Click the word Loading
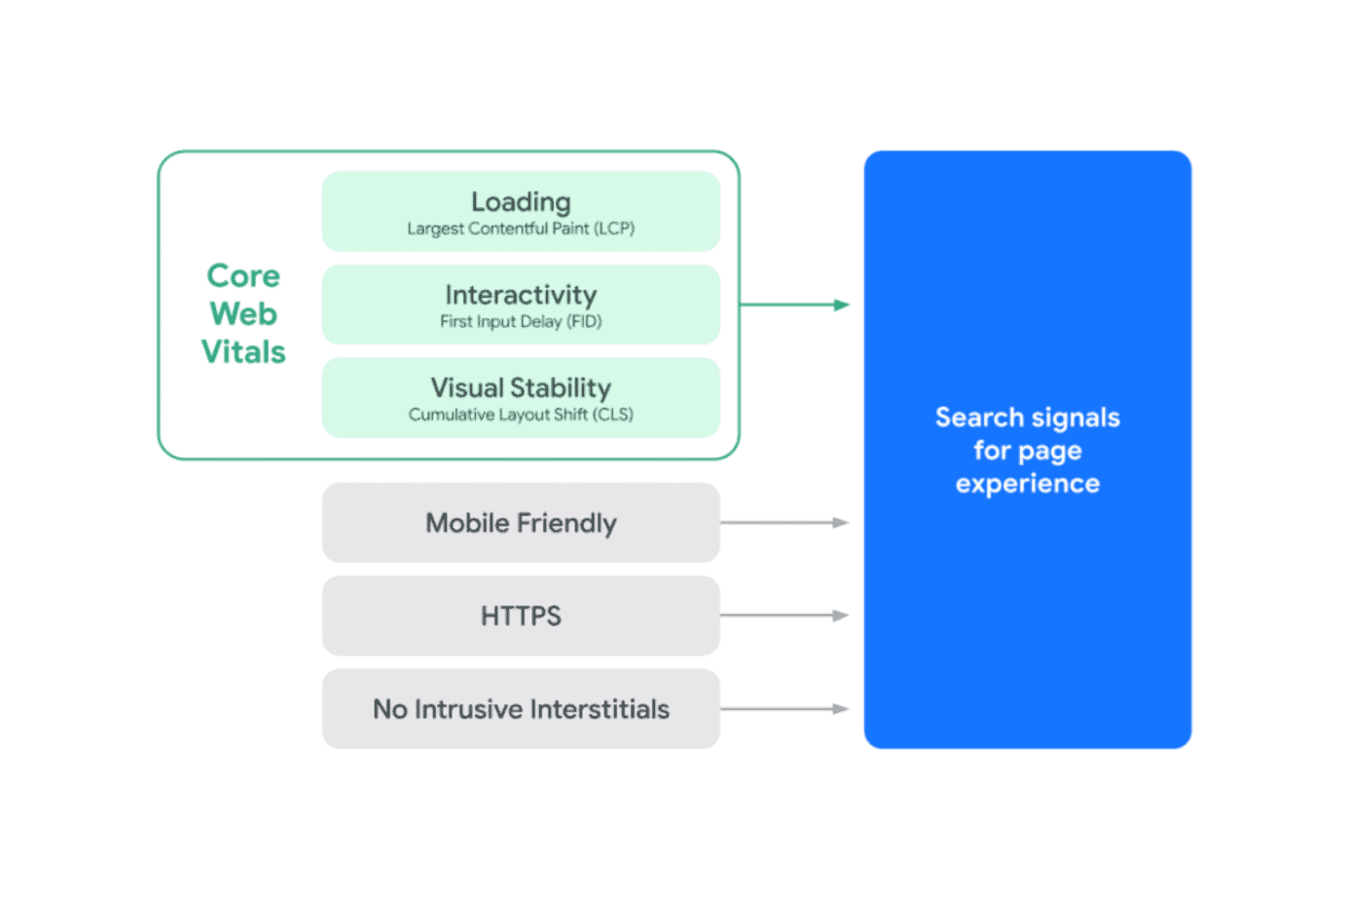tap(521, 201)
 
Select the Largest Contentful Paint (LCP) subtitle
tap(521, 229)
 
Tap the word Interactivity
tap(521, 295)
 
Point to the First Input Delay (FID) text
tap(521, 322)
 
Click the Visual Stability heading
tap(521, 388)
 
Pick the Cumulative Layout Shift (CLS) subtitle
tap(521, 414)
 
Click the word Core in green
tap(243, 276)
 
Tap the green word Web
tap(243, 314)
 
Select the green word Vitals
tap(243, 352)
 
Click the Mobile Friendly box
tap(521, 522)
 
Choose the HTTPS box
tap(521, 616)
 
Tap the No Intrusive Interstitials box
tap(521, 709)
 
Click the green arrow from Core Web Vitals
tap(793, 305)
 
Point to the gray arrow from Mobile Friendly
tap(784, 522)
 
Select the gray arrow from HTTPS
tap(784, 616)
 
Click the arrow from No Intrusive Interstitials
tap(784, 709)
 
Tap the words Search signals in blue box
tap(1027, 417)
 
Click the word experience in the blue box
tap(1027, 484)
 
